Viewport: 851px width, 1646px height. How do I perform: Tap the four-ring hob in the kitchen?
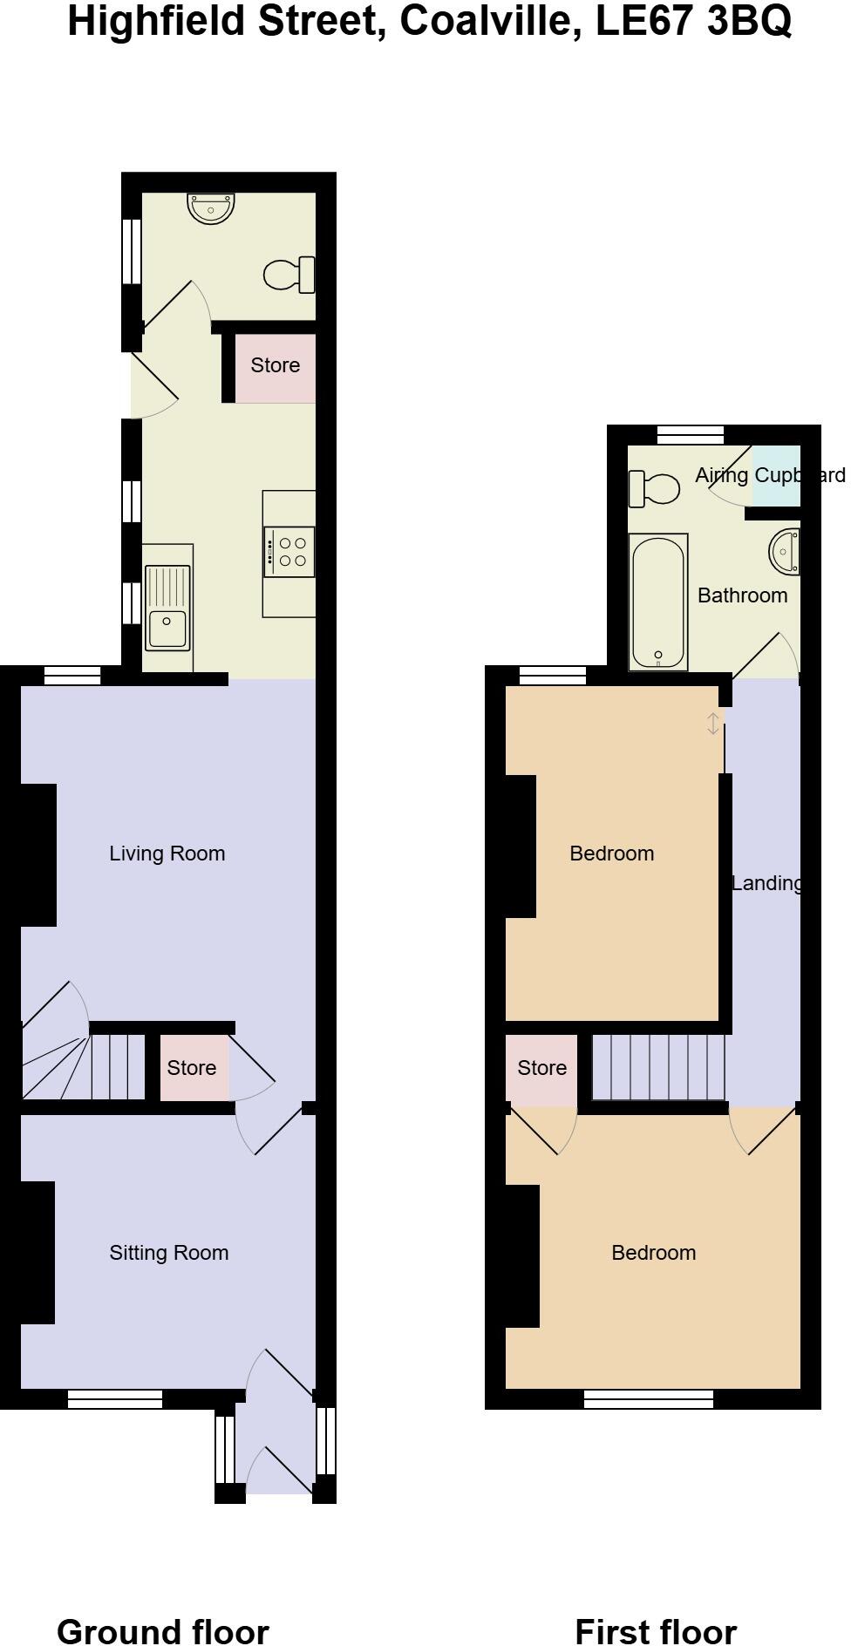click(289, 552)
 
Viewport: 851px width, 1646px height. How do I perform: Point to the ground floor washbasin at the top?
click(211, 208)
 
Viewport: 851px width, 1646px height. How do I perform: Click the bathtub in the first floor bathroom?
click(658, 602)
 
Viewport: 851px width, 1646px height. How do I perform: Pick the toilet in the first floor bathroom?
click(654, 488)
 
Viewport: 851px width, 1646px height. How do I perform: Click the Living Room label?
click(167, 854)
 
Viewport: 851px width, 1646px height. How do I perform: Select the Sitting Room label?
click(169, 1253)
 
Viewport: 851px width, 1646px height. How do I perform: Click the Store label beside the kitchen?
click(276, 365)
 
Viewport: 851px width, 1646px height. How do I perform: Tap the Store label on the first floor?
click(542, 1068)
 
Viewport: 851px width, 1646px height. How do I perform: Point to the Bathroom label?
click(743, 595)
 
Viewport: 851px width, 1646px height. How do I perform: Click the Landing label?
click(766, 883)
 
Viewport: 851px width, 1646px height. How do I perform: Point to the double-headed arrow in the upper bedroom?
click(713, 724)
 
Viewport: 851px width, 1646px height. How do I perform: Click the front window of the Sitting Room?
click(115, 1399)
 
